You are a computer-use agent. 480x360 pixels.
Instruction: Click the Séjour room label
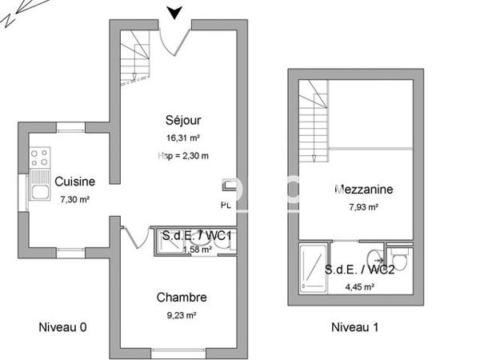[182, 121]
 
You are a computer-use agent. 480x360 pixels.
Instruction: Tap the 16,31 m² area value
[182, 138]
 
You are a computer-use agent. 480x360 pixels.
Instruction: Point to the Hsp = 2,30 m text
[183, 156]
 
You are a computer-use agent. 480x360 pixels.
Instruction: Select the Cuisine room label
[76, 181]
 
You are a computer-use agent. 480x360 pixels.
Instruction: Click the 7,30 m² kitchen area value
[75, 198]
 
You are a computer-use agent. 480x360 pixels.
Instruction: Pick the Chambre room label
[182, 298]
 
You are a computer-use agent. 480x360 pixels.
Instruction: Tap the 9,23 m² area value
[182, 315]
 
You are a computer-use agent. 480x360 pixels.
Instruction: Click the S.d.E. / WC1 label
[197, 236]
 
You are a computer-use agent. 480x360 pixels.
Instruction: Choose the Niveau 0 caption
[63, 326]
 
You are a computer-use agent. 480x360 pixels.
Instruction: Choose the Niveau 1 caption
[354, 326]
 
